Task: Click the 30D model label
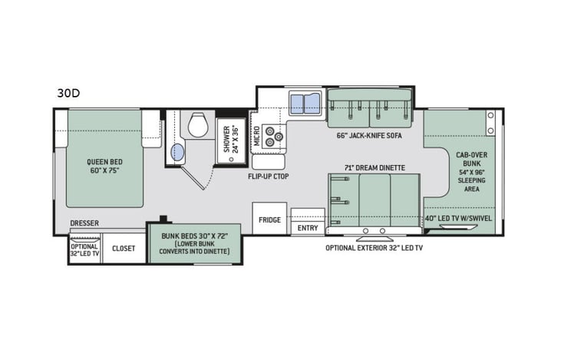[x=68, y=94]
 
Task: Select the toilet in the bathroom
[x=198, y=124]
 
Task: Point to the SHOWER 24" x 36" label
[x=230, y=138]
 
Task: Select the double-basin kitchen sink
[x=305, y=104]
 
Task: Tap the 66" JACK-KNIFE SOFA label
[x=368, y=135]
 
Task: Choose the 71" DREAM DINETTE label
[x=374, y=167]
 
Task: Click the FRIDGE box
[x=269, y=220]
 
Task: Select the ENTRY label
[x=308, y=228]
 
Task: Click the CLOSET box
[x=124, y=249]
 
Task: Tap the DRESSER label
[x=84, y=224]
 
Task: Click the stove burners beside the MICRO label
[x=274, y=136]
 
